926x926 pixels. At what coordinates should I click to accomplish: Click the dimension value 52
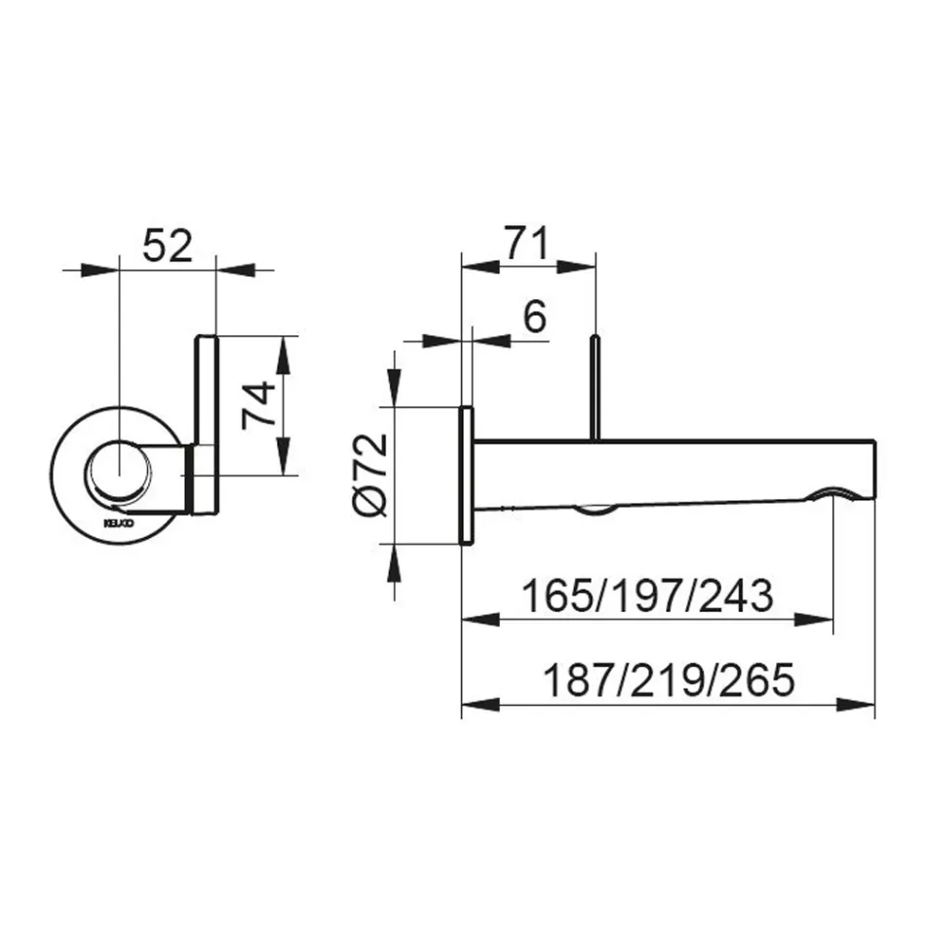167,247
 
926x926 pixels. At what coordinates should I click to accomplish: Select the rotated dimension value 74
255,405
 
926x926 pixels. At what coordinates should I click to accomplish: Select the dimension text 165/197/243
647,595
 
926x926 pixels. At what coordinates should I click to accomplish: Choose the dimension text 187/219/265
668,678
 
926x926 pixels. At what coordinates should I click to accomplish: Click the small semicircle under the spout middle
594,509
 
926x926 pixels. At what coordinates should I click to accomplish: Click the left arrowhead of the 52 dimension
98,267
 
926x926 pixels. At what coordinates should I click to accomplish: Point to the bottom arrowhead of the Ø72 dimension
394,562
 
